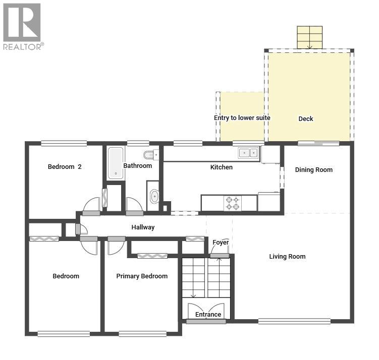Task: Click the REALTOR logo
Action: point(23,27)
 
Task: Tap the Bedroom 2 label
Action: point(65,166)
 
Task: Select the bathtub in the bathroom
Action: point(116,163)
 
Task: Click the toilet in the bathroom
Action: point(151,154)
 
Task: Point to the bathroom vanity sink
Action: point(154,196)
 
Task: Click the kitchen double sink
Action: point(248,153)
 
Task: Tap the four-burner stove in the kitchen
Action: point(233,203)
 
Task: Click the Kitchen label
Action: point(222,167)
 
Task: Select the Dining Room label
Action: point(314,170)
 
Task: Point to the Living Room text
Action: point(287,257)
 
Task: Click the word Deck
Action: point(306,119)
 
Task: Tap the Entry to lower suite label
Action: point(242,118)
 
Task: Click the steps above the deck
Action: point(310,37)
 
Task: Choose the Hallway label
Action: point(143,227)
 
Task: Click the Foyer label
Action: point(221,243)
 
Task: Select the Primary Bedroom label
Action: point(142,276)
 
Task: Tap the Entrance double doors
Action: point(206,311)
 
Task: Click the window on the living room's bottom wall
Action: point(294,321)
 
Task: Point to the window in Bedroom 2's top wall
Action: point(64,143)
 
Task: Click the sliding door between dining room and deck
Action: point(318,143)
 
